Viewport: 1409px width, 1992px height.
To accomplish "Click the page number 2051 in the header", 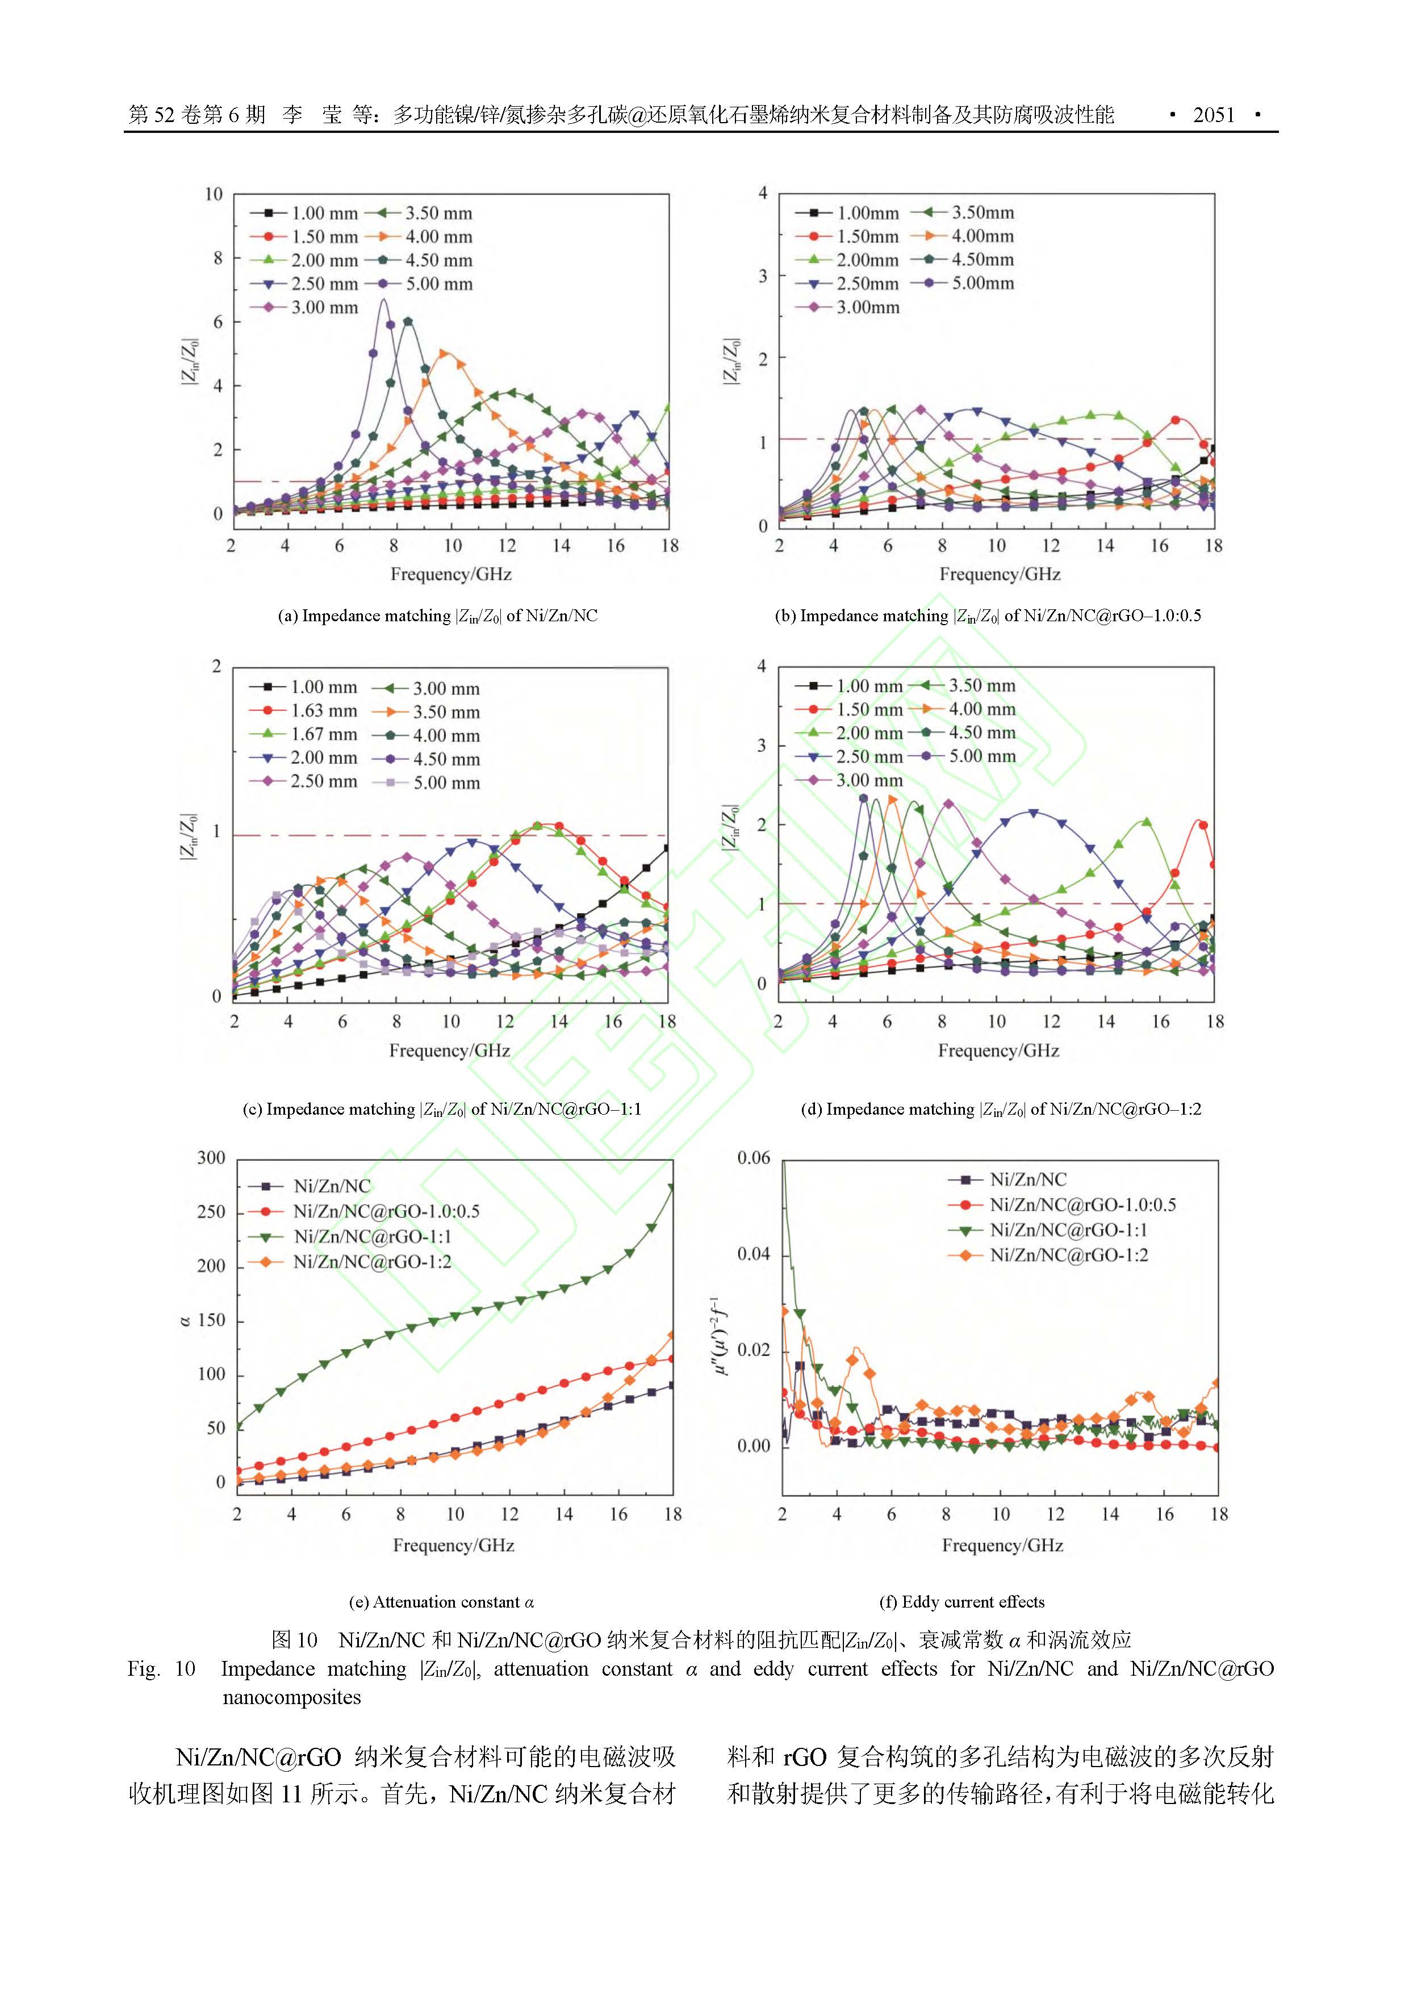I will [x=1213, y=115].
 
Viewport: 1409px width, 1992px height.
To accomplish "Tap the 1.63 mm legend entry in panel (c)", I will [x=323, y=710].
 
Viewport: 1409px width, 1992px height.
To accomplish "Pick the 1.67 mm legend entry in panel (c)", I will [x=323, y=734].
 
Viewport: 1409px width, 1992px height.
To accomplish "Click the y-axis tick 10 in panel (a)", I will [x=214, y=194].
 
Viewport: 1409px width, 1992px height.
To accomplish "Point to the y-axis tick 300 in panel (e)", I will [x=211, y=1158].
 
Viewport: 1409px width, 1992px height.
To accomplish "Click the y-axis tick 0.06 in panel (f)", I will [x=753, y=1158].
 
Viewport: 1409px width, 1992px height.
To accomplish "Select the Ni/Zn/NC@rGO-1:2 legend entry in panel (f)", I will [x=1068, y=1254].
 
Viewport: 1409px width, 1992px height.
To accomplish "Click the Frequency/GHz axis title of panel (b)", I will [x=1000, y=574].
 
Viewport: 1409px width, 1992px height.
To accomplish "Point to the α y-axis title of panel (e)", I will [x=185, y=1320].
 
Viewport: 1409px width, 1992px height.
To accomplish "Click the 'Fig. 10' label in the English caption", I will [x=161, y=1669].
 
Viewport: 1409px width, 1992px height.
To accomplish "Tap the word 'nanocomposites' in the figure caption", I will [x=291, y=1698].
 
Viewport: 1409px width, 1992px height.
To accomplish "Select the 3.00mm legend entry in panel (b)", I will [x=868, y=307].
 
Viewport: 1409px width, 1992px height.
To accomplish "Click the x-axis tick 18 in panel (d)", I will [x=1215, y=1022].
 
